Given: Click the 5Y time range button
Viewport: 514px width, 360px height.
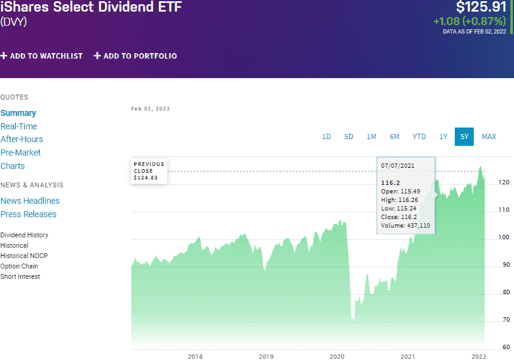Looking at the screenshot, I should pos(464,137).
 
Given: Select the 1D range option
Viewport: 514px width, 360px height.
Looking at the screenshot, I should pos(327,137).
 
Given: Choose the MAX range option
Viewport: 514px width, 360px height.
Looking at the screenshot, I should pos(489,137).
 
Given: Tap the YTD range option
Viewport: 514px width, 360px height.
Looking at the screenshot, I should pos(419,137).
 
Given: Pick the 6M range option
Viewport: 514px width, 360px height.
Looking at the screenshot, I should pos(394,137).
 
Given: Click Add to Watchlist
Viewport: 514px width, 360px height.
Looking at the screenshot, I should pos(42,56).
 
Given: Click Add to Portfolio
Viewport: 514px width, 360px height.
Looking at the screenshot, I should pos(136,56).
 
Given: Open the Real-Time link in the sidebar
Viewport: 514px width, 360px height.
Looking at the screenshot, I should pos(19,126).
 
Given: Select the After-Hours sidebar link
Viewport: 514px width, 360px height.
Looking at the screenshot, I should pos(22,139).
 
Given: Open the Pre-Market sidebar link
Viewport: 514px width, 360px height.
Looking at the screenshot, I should pos(21,153).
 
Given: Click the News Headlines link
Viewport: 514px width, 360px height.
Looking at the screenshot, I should pos(30,201).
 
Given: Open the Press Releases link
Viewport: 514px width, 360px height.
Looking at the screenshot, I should pos(29,214).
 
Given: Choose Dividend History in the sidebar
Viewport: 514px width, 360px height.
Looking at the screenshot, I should pos(24,235).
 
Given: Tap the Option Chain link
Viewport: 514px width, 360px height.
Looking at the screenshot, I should pos(20,266).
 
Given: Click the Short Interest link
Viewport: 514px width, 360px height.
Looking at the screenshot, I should pos(20,276).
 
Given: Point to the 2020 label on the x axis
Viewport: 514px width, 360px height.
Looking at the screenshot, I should pos(337,356).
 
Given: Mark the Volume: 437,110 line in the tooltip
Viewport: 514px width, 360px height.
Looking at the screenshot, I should pos(405,226).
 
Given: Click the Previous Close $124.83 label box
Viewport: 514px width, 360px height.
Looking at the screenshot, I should pos(149,171).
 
